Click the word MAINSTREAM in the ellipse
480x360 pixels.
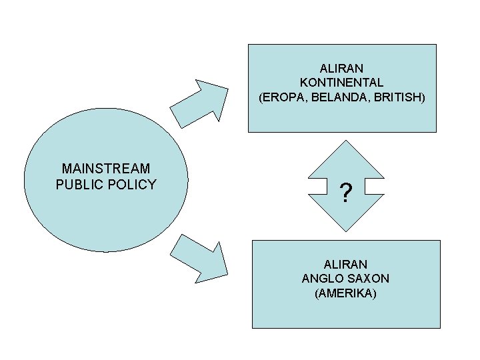click(x=106, y=169)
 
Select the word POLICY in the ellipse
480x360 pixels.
click(x=132, y=184)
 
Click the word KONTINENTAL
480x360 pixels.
click(x=341, y=83)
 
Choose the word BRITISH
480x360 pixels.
click(x=397, y=97)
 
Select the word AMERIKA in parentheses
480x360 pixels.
click(x=345, y=293)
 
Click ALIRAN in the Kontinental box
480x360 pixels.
click(x=341, y=68)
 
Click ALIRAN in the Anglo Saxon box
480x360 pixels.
click(x=345, y=264)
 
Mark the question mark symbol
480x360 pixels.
click(x=346, y=193)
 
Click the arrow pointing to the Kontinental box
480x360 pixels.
click(x=199, y=104)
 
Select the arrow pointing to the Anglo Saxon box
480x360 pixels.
click(x=199, y=259)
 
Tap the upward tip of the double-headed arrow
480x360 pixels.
click(x=346, y=141)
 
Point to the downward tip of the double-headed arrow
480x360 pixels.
click(x=346, y=232)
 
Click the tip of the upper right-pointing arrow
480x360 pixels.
click(x=228, y=89)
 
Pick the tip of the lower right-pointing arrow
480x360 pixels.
click(x=228, y=275)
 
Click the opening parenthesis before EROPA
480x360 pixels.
click(x=261, y=97)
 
